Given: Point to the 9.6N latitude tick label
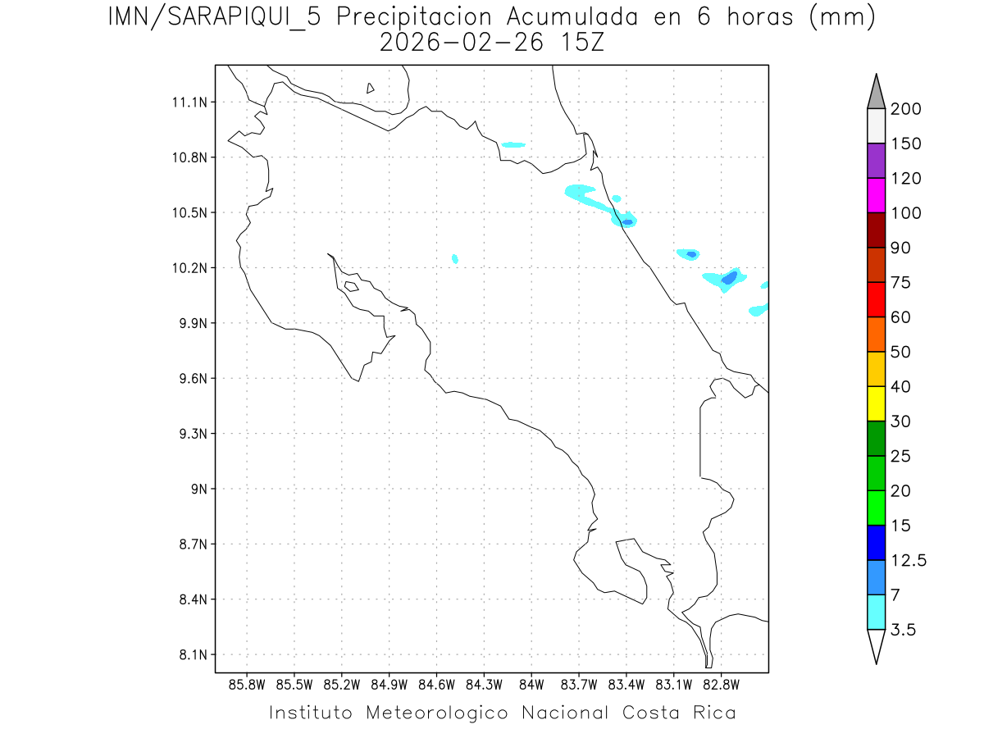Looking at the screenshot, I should tap(191, 379).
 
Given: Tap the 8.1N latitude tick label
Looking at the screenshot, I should tap(191, 655).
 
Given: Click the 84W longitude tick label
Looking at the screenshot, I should tap(531, 684).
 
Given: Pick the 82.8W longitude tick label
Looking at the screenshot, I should tap(721, 684).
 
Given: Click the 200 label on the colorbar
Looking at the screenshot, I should tap(905, 109).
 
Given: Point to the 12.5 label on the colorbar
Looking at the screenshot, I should tap(909, 560).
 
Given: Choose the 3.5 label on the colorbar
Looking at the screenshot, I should tap(904, 630).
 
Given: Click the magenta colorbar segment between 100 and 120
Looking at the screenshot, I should tap(876, 195).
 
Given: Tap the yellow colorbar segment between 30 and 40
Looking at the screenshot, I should tap(876, 403).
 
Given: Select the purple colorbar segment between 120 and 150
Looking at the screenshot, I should tap(876, 161).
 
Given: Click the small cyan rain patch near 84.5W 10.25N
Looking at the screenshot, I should tap(455, 258).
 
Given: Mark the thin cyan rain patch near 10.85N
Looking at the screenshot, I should tap(513, 145).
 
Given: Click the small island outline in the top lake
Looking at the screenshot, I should tap(371, 88).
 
